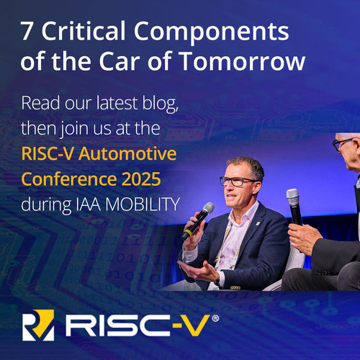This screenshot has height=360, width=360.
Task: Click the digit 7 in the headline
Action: [27, 31]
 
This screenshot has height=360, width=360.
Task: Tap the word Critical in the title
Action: [84, 30]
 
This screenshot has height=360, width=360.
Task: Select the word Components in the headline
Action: [212, 33]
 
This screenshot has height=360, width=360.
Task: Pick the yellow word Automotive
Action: [127, 153]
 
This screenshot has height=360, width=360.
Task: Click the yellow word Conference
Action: [69, 179]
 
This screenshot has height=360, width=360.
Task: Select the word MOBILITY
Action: [143, 204]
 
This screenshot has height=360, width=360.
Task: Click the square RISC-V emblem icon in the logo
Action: [38, 325]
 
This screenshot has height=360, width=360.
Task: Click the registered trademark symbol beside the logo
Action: [215, 318]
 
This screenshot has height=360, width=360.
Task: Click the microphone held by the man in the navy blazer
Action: [198, 221]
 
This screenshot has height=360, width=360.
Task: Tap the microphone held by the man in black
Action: [294, 207]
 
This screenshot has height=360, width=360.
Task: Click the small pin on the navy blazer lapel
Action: [258, 223]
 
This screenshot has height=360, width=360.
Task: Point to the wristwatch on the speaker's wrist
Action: [217, 281]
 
